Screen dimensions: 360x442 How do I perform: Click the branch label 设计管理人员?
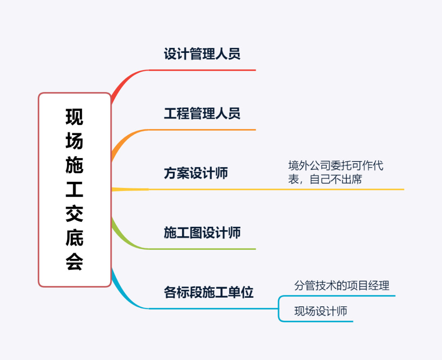tap(202, 54)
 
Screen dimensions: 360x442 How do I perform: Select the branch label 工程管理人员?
tap(202, 113)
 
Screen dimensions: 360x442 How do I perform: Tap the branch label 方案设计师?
tap(196, 173)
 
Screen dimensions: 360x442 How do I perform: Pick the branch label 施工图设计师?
tap(202, 233)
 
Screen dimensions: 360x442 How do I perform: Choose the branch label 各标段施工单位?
tap(208, 292)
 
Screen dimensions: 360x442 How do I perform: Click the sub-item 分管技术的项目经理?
tap(342, 285)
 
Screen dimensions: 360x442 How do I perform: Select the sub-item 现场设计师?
tap(320, 311)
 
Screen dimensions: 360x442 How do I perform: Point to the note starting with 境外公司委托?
tap(336, 172)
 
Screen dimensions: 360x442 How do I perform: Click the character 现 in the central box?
tap(74, 117)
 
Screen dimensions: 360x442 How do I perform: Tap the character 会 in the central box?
tap(74, 262)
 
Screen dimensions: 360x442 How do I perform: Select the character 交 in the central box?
tap(74, 214)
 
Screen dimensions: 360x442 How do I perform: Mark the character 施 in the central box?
tap(74, 165)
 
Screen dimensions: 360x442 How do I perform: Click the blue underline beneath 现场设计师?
tap(319, 322)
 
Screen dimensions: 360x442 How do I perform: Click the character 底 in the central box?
tap(74, 238)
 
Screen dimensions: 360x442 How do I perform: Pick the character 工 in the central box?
tap(74, 190)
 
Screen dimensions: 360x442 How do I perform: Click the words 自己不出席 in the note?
tap(336, 179)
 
